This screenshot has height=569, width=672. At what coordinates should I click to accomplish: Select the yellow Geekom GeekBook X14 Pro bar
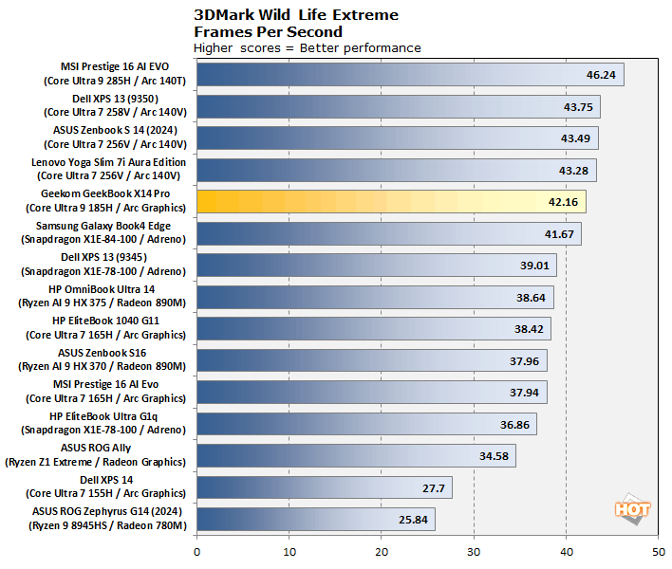point(391,201)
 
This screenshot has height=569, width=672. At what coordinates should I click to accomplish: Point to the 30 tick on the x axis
point(474,551)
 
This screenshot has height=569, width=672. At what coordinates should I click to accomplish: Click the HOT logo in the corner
point(632,508)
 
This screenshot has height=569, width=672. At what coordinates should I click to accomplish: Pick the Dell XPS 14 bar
point(324,487)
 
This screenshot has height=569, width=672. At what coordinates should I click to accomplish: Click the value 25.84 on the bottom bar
point(415,520)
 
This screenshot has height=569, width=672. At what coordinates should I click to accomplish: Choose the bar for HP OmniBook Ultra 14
point(375,297)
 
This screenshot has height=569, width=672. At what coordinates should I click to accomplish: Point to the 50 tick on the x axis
point(658,551)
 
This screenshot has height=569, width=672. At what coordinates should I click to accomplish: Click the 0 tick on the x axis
point(196,551)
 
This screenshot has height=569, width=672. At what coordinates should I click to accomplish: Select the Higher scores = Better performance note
point(307,47)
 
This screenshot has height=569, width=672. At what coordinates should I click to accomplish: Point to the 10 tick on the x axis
point(289,551)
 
